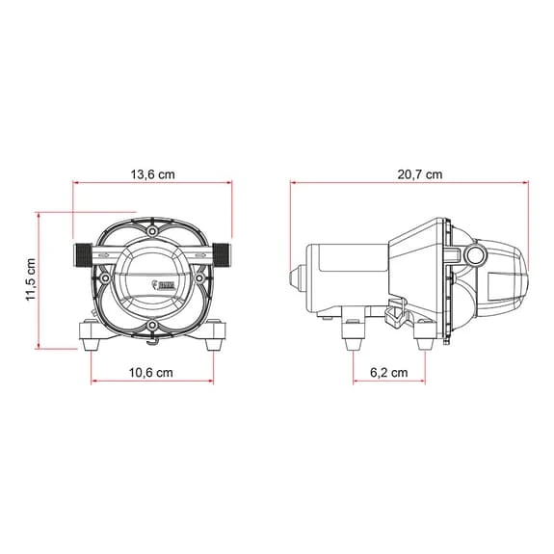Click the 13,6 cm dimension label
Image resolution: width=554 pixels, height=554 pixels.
click(x=152, y=174)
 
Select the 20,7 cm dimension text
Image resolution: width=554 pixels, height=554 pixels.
click(x=421, y=174)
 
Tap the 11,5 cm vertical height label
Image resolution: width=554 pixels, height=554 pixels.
click(x=31, y=278)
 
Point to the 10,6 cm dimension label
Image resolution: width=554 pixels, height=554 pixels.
click(x=152, y=372)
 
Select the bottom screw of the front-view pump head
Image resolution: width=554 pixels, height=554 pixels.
click(x=151, y=334)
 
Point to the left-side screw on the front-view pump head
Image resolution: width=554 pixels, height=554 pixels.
click(x=104, y=280)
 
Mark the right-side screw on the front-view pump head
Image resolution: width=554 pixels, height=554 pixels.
click(x=199, y=280)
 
